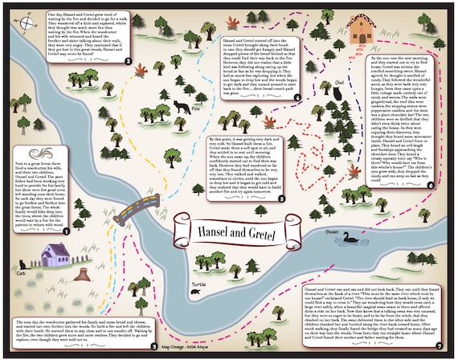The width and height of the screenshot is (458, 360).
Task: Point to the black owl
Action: tap(339, 94)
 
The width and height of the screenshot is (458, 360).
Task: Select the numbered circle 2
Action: tap(128, 60)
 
